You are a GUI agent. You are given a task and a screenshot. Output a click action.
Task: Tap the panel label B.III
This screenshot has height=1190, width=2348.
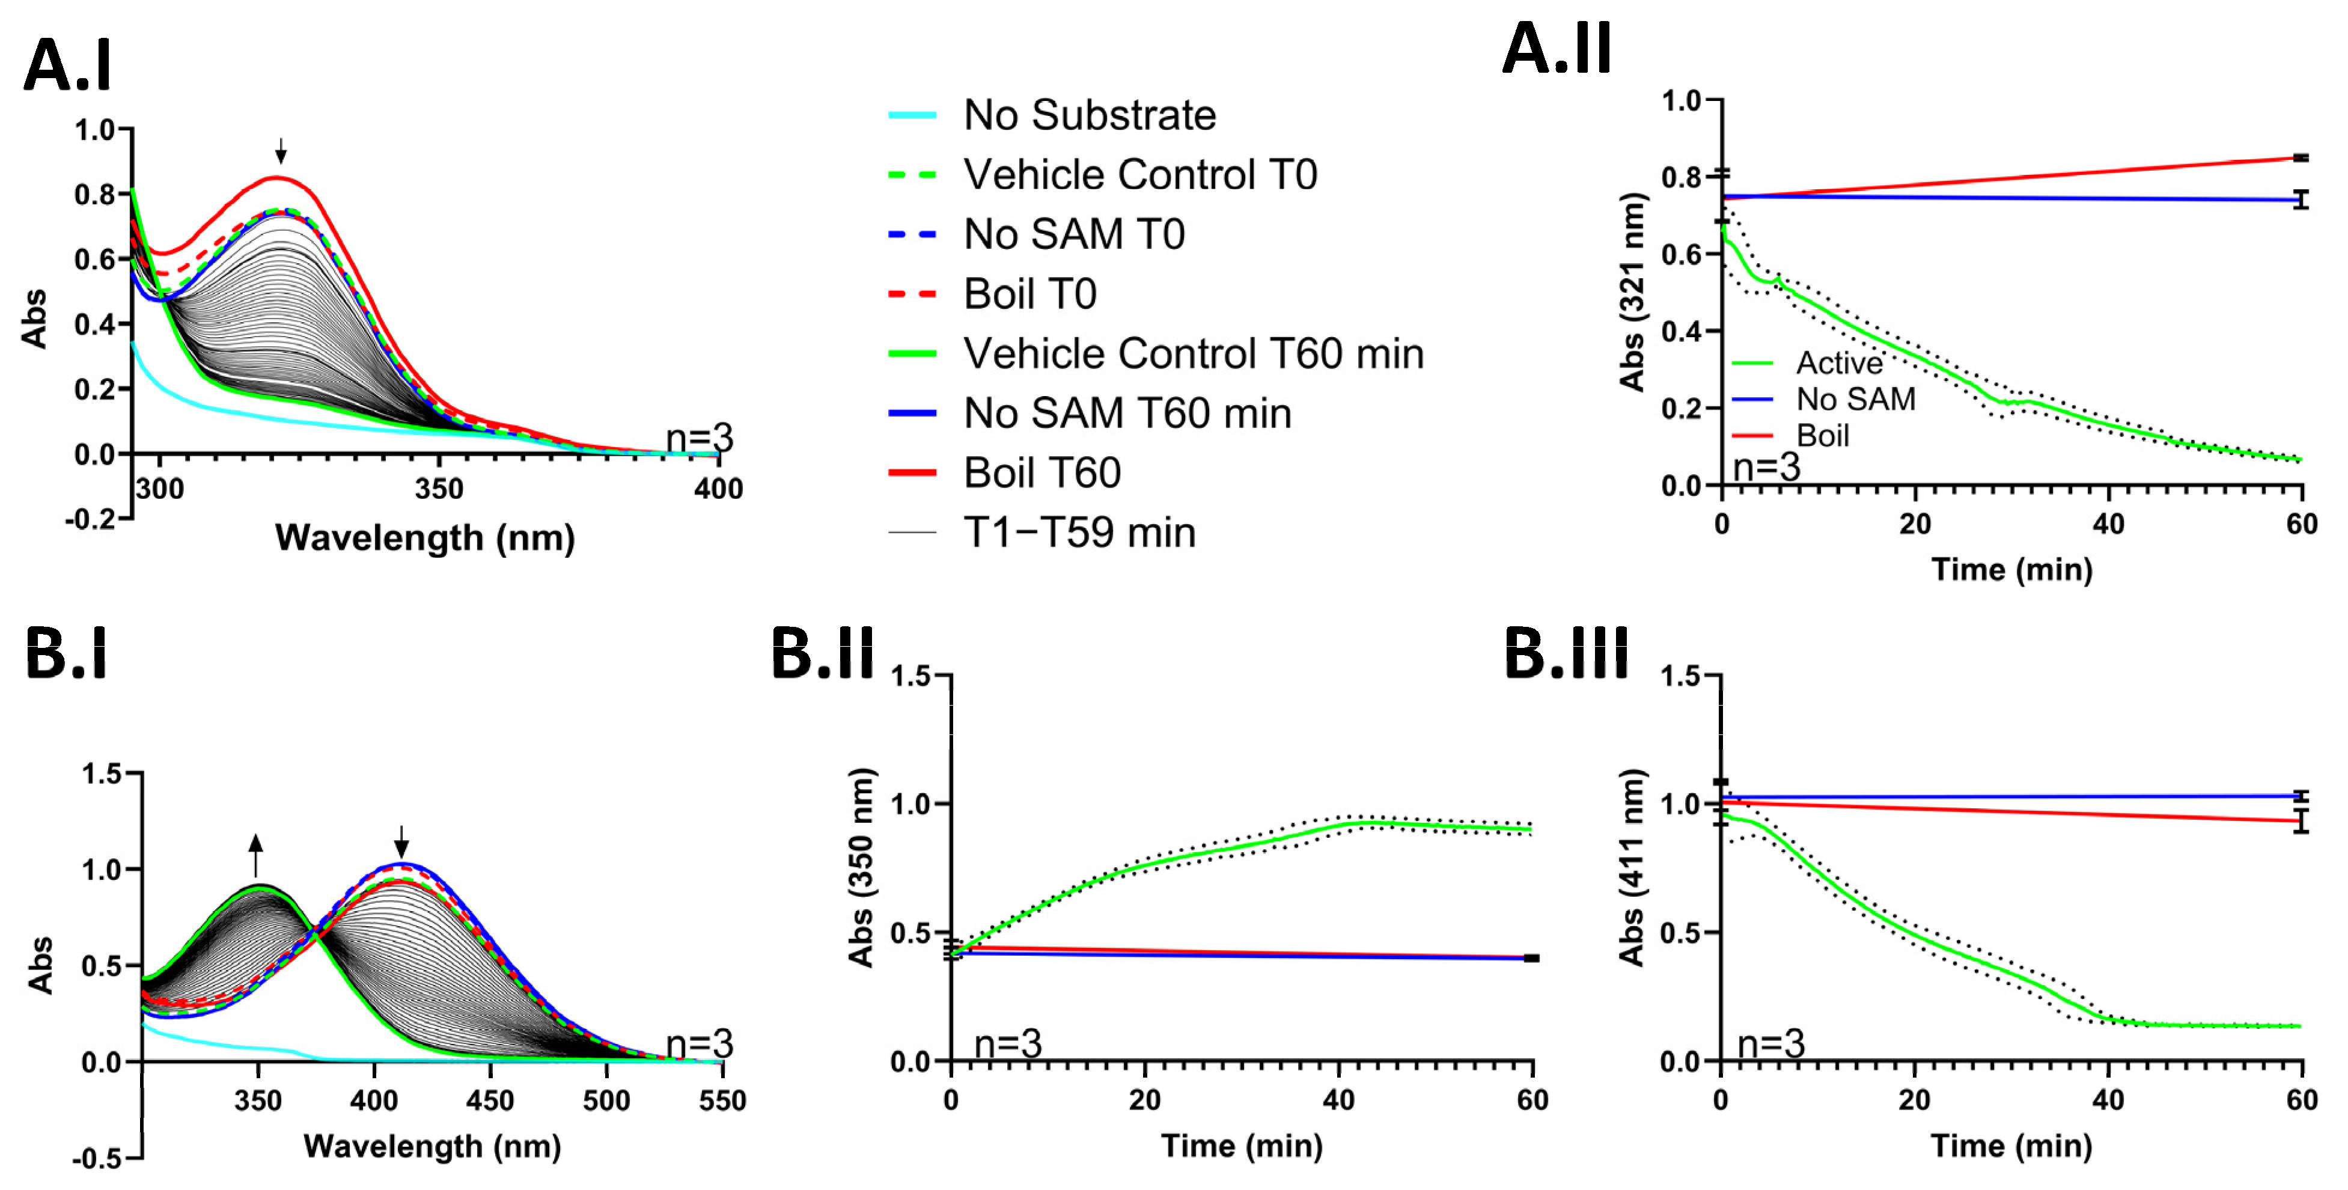click(1565, 654)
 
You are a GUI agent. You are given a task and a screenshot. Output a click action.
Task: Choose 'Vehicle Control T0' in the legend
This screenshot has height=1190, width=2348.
click(1139, 175)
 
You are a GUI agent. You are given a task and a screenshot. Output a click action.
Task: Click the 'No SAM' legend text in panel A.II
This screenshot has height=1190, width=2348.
click(1855, 400)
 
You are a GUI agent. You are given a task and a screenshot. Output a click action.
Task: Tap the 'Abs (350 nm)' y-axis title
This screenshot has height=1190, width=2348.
click(861, 866)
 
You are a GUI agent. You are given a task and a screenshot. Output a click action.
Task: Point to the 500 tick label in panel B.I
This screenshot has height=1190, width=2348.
click(606, 1100)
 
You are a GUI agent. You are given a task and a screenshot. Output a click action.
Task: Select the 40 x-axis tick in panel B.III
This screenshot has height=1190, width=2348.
click(2108, 1100)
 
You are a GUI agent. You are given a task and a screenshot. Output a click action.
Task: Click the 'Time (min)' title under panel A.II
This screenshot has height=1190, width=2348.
click(2011, 570)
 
